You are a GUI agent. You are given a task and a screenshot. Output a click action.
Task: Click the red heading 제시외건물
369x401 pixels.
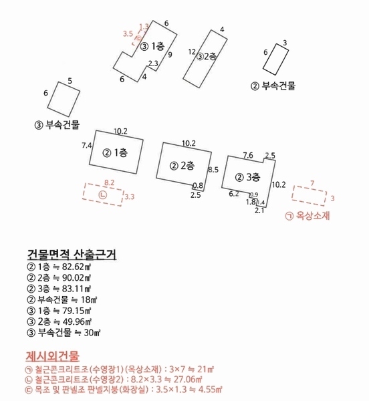point(53,355)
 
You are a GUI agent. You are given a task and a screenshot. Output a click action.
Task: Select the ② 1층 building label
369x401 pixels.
point(115,152)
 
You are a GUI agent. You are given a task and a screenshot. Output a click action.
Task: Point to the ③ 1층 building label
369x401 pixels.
point(152,46)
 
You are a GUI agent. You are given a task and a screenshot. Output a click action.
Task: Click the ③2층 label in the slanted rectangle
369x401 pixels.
point(206,57)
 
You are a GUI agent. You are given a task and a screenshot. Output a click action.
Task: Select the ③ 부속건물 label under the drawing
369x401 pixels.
point(57,124)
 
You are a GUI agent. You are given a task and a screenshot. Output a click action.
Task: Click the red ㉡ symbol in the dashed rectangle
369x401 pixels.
point(102,194)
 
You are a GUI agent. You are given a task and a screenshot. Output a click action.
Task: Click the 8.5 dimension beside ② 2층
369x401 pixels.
point(214,170)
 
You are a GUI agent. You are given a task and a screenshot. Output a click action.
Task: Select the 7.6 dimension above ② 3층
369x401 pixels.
point(247,155)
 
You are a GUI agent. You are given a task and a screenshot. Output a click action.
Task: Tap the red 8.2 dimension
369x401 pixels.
point(110,182)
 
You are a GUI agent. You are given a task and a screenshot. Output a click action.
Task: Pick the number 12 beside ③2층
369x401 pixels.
point(192,51)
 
